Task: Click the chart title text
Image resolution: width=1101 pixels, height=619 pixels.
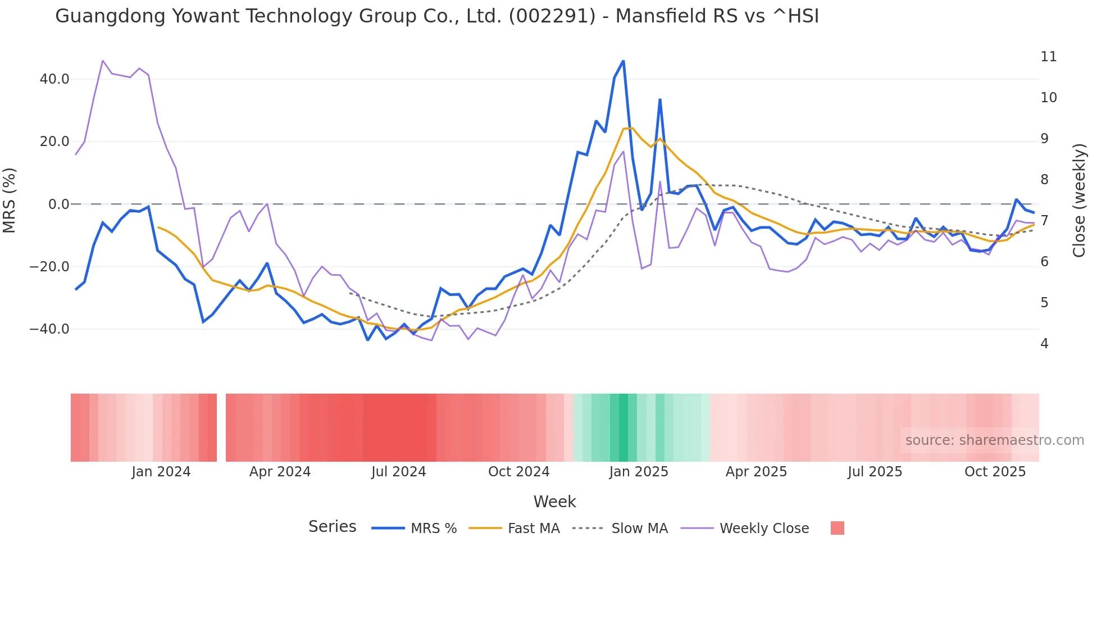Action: click(436, 16)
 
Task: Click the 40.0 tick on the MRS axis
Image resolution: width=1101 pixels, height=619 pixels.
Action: click(54, 79)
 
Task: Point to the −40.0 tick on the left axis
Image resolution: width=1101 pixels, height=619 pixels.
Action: click(49, 329)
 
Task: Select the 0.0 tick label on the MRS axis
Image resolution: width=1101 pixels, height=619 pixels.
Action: click(58, 204)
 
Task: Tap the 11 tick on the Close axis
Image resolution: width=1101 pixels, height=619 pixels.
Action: click(1048, 57)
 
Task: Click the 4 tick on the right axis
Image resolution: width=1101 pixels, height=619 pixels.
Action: click(1044, 344)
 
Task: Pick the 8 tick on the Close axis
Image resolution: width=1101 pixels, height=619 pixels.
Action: click(1044, 180)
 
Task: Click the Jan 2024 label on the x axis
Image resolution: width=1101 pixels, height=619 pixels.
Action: click(161, 472)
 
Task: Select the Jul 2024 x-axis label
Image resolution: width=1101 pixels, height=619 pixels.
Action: click(399, 472)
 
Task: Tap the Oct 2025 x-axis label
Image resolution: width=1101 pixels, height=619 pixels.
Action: click(995, 472)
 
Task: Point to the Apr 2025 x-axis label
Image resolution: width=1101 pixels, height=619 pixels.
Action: click(756, 472)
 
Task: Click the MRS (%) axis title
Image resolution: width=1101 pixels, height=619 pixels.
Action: click(10, 200)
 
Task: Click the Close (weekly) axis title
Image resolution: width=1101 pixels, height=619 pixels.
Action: click(1079, 201)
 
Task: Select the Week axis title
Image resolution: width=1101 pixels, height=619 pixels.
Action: click(554, 502)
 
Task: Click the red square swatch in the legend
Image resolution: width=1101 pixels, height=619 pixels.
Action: click(837, 528)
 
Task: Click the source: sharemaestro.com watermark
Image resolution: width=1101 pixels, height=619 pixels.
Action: click(994, 440)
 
